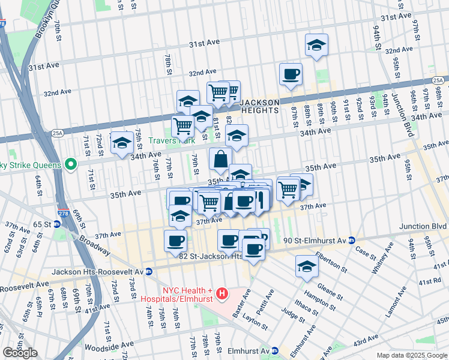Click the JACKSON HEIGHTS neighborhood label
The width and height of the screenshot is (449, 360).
click(259, 106)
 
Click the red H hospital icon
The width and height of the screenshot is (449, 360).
click(222, 293)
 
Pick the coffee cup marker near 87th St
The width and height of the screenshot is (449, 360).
click(291, 74)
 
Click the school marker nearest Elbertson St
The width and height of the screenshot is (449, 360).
click(307, 267)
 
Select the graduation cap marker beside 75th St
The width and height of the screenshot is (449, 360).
click(122, 143)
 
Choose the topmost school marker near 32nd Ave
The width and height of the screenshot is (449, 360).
click(316, 46)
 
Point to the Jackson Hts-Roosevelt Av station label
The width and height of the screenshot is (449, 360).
click(98, 272)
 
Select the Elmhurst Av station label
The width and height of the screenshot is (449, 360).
click(246, 350)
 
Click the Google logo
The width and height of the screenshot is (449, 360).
click(20, 353)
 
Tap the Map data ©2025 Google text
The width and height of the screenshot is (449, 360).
click(411, 355)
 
